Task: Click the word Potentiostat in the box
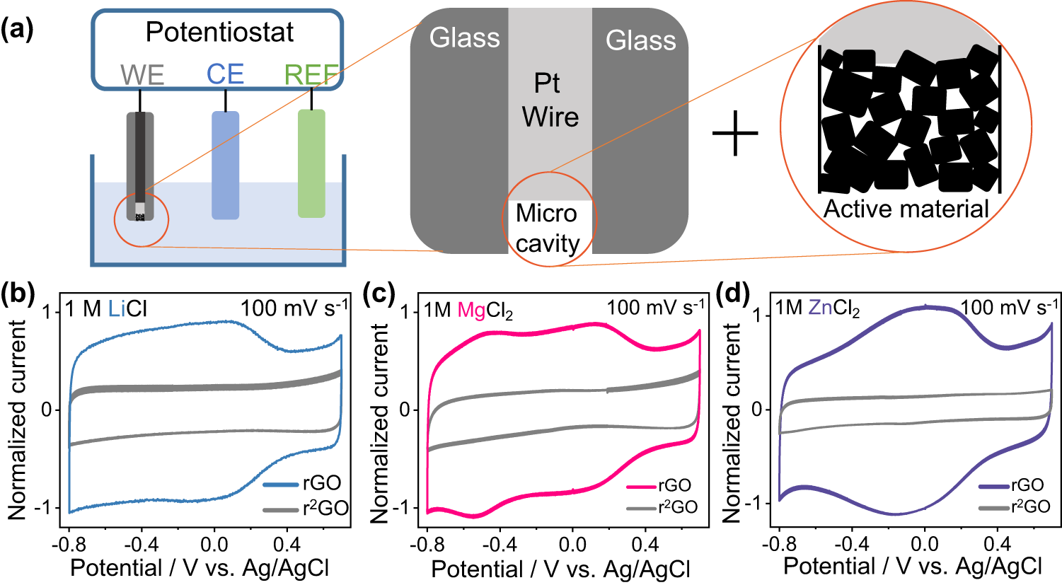219,33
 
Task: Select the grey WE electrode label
142,75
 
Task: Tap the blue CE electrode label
225,74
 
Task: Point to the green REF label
311,75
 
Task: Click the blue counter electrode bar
226,165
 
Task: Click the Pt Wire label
550,100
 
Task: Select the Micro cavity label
547,228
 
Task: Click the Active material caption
906,209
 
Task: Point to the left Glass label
464,38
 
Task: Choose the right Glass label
640,40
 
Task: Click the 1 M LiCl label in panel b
106,309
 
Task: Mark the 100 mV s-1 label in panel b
294,308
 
